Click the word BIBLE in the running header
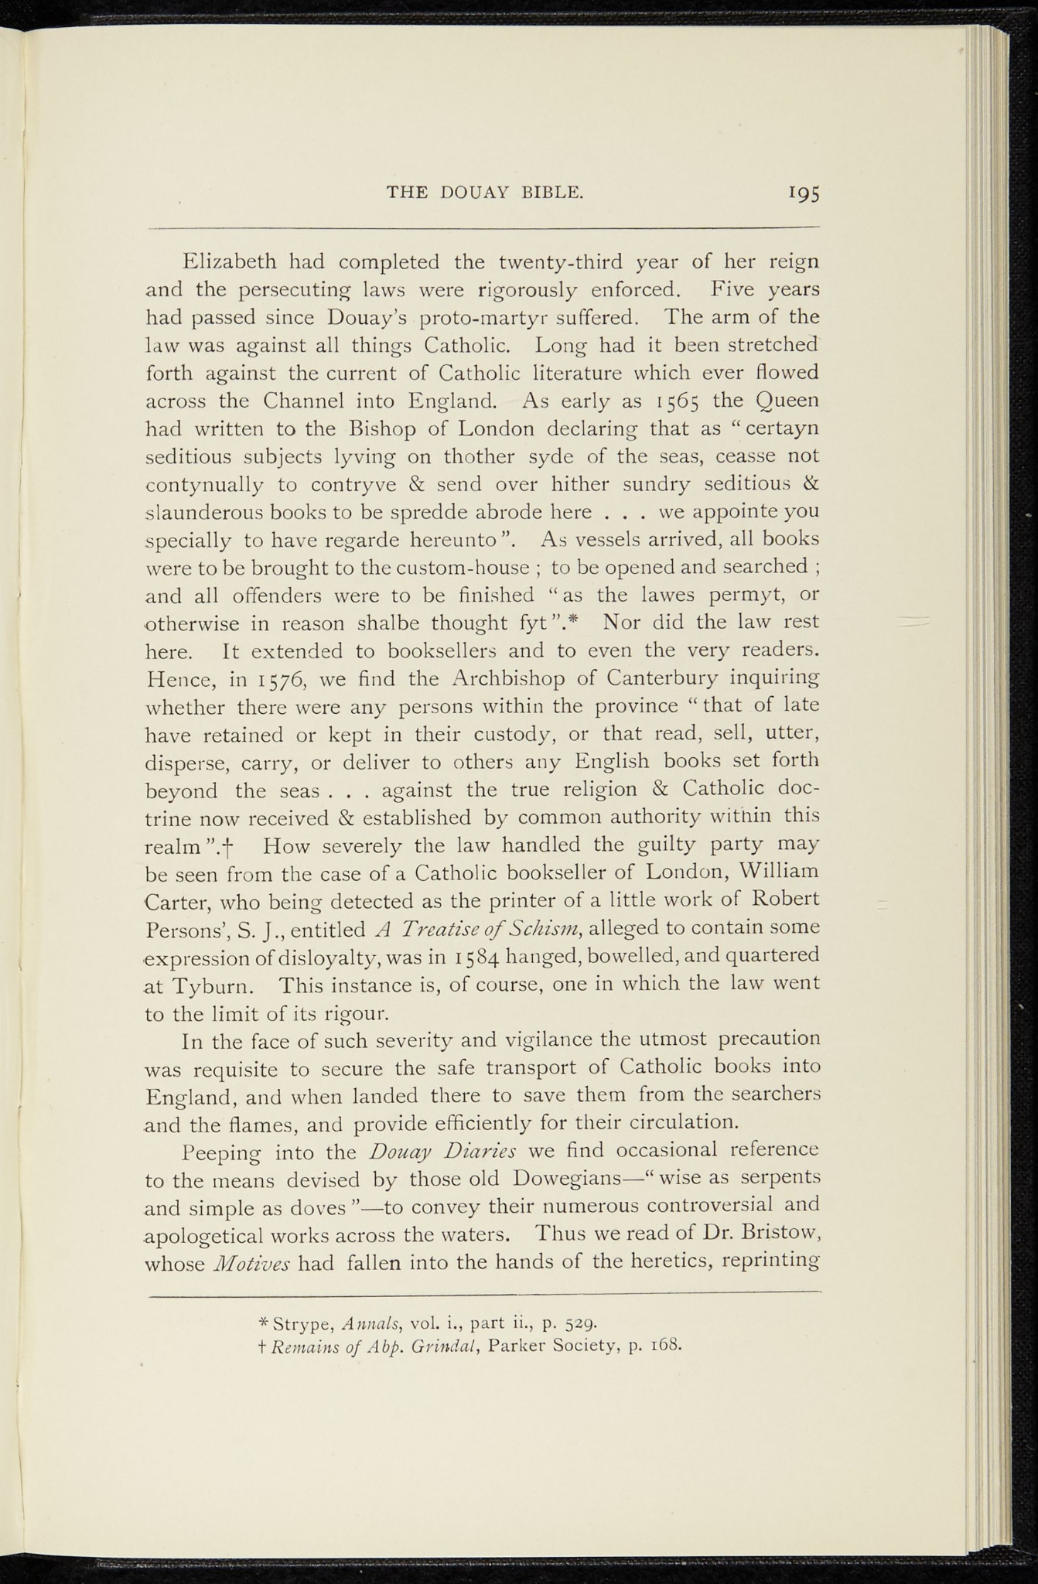pyautogui.click(x=552, y=193)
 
